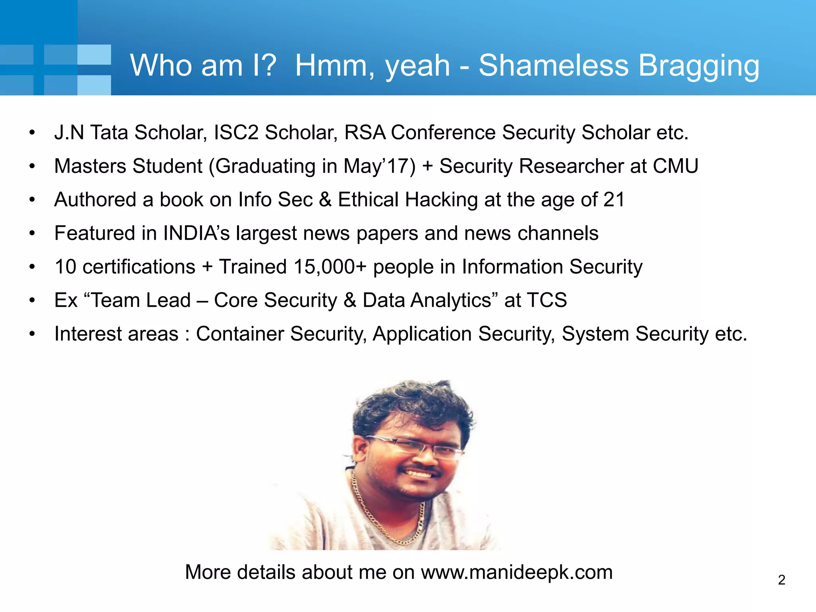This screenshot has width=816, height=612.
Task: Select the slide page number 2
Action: point(781,580)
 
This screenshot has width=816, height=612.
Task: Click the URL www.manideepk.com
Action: point(517,572)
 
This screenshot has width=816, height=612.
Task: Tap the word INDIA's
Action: point(196,233)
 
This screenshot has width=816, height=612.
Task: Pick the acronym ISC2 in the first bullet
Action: point(236,132)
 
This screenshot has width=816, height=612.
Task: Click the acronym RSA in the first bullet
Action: point(365,132)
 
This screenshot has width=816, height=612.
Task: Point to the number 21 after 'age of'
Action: point(614,199)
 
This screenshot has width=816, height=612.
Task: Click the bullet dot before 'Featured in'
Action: point(32,233)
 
